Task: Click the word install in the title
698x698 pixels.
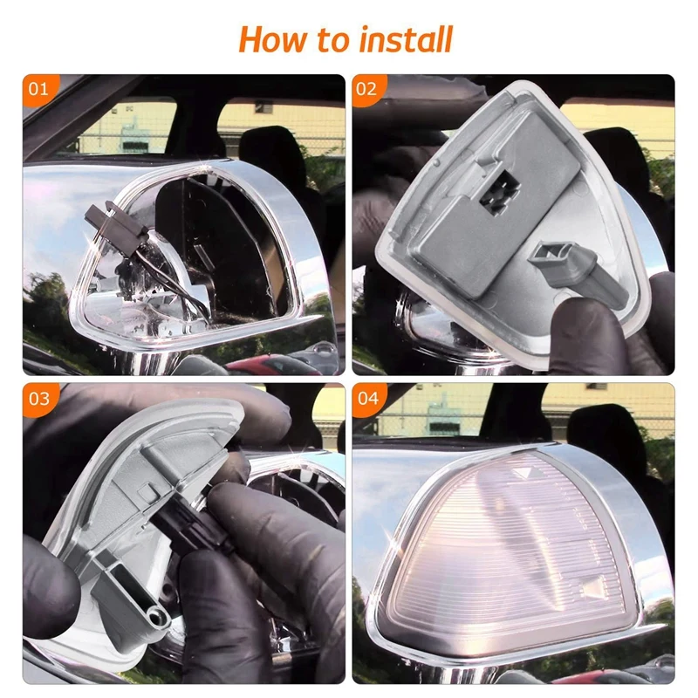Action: (406, 39)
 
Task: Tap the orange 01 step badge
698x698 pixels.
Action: (39, 90)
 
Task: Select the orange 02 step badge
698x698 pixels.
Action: (367, 90)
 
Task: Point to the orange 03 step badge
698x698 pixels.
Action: (39, 399)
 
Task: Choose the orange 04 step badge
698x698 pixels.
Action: (367, 398)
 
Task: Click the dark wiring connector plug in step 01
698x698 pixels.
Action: (118, 227)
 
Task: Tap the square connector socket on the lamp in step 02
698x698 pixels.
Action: (498, 192)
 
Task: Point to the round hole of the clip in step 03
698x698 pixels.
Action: (156, 616)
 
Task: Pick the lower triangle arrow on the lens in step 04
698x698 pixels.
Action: (592, 587)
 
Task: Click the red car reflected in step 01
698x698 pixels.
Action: (271, 366)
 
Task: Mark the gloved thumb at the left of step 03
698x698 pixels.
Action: (50, 578)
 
